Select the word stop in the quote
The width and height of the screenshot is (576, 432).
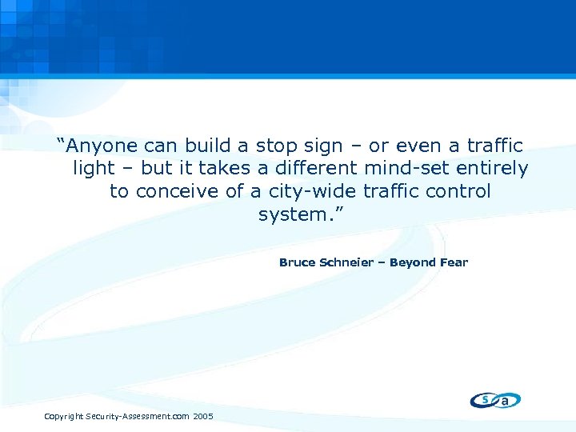tap(274, 146)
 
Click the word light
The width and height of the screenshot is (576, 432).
tap(94, 169)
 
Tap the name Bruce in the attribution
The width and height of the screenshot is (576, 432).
tap(297, 262)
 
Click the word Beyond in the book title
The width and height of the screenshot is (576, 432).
tap(413, 262)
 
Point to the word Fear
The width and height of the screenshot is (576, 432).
tap(454, 262)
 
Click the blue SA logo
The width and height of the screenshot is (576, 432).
tap(495, 400)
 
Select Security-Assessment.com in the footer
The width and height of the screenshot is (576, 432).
tap(138, 417)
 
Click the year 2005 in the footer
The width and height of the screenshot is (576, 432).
tap(203, 417)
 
